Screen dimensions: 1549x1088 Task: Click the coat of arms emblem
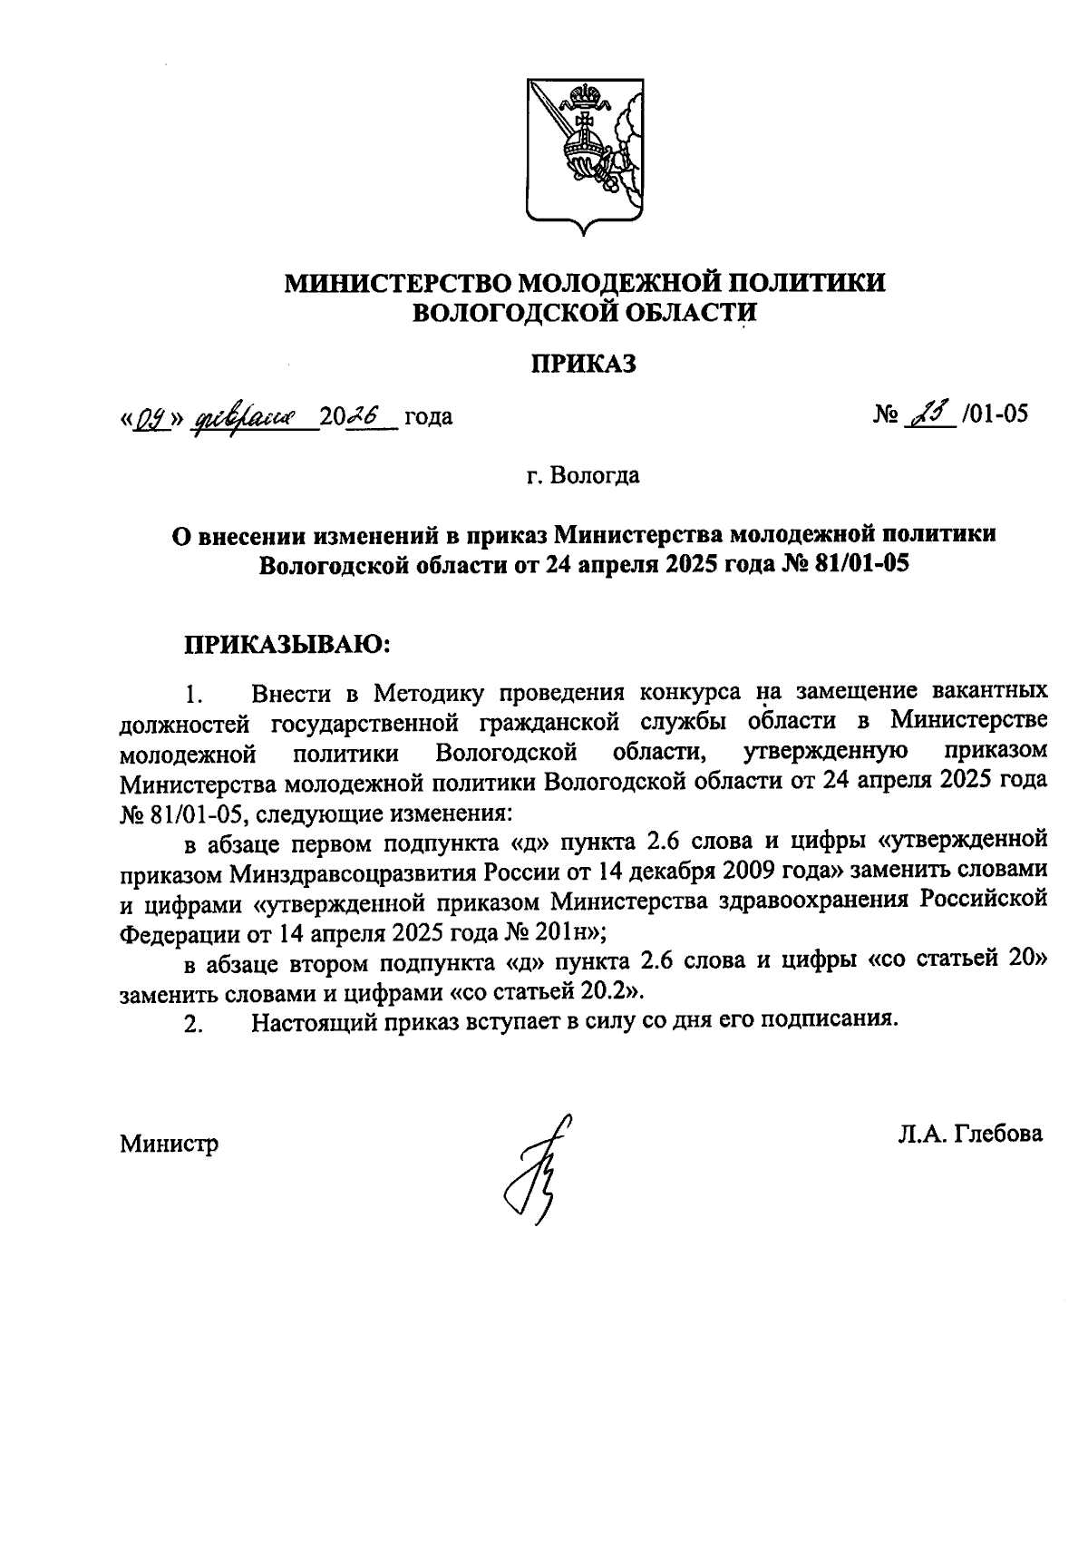(x=584, y=160)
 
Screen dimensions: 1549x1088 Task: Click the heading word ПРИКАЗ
(x=584, y=365)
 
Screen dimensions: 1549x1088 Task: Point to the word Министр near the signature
(x=170, y=1144)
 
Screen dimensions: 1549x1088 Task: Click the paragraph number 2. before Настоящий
(x=191, y=1025)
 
